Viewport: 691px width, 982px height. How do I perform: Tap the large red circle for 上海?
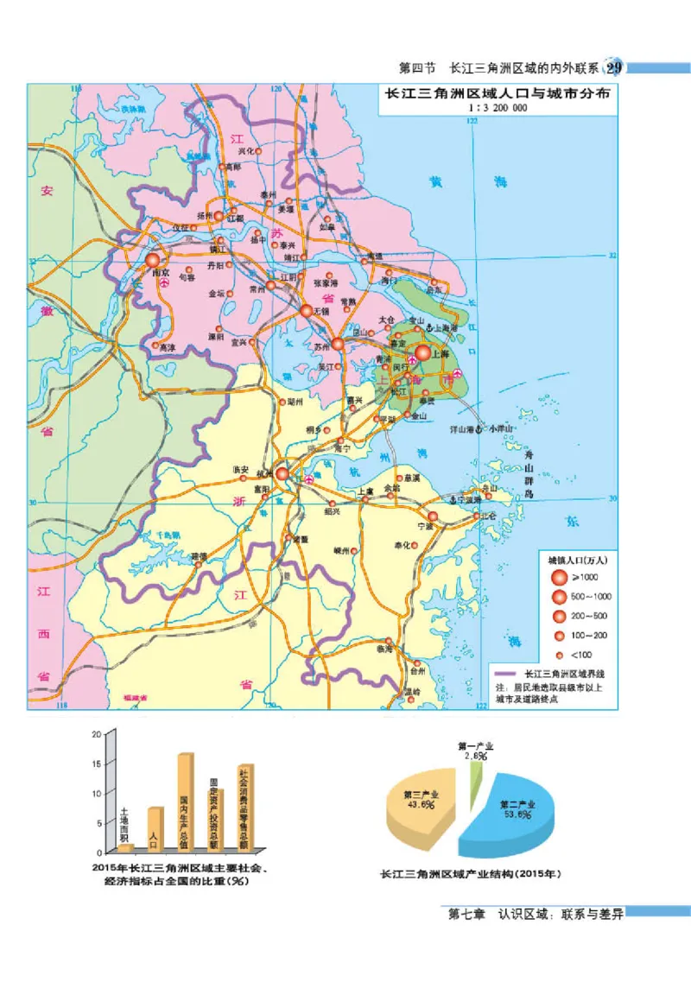coord(423,353)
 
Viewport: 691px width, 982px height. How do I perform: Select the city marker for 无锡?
coord(307,311)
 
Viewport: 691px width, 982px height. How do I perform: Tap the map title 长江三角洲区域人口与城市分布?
coord(497,95)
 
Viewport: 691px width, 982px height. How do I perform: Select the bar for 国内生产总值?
coord(186,802)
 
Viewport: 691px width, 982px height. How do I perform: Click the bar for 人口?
coord(155,829)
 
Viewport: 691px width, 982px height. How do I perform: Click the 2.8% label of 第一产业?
coord(475,756)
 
